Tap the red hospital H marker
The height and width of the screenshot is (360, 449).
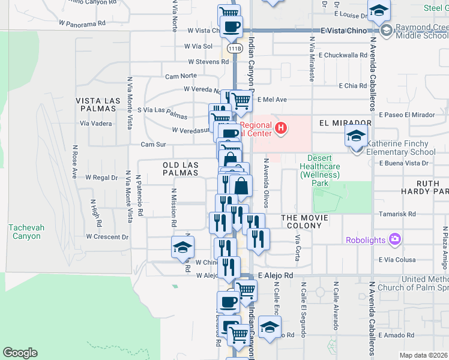[x=280, y=128]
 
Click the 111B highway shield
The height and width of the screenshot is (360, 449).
[x=235, y=49]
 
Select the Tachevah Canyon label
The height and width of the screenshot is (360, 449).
[x=25, y=232]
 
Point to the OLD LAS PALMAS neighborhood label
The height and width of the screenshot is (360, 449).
[x=180, y=169]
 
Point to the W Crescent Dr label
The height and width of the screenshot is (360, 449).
[x=107, y=236]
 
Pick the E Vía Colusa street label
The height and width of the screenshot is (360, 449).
[x=397, y=260]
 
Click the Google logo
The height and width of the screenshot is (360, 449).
[x=20, y=353]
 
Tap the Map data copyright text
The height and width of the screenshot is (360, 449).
[x=423, y=355]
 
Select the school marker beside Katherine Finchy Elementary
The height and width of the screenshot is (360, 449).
[x=356, y=137]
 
